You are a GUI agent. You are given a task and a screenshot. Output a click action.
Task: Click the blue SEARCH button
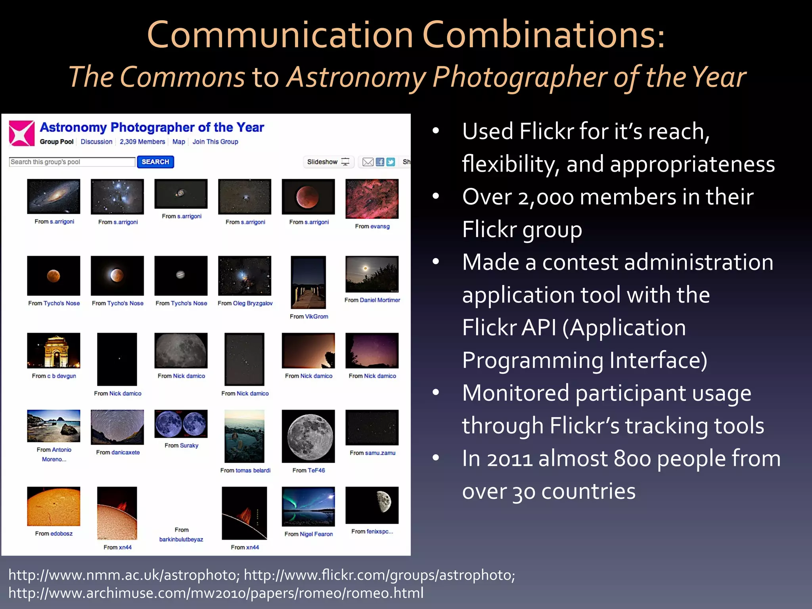coord(155,162)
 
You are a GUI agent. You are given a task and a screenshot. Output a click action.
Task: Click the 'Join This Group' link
coord(215,142)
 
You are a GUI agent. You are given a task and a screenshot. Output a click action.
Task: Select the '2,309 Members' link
coord(142,142)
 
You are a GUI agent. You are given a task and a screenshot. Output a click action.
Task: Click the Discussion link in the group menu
coord(96,142)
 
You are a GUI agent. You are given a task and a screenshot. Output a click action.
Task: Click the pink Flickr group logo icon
coord(21,133)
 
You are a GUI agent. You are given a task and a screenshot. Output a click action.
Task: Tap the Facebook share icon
coord(380,162)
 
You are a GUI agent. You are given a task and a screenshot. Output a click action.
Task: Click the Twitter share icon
coord(391,162)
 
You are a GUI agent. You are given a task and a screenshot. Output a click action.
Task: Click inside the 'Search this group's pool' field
coord(72,162)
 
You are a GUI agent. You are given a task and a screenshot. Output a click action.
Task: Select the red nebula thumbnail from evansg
coord(372,199)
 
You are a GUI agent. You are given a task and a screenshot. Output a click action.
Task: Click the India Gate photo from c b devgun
coord(54,350)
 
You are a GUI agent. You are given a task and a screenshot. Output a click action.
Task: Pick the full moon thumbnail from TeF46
coord(308,436)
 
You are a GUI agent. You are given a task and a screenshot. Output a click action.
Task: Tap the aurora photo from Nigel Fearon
coord(308,506)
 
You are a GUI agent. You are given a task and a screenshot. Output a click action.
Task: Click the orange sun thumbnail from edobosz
coord(54,506)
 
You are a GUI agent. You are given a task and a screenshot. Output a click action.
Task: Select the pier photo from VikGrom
coord(308,282)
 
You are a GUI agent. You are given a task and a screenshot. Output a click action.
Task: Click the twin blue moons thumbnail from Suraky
coord(181,423)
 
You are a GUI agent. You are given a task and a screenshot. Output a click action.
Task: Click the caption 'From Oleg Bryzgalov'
coord(245,303)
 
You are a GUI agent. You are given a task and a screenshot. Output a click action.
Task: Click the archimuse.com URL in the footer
coord(216,593)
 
